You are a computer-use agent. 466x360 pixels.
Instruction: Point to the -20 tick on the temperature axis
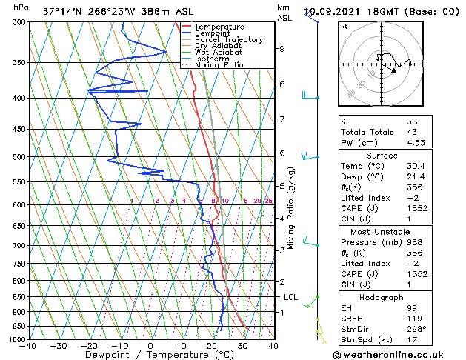tap(89, 346)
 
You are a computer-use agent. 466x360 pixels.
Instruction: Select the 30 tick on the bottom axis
tap(242, 346)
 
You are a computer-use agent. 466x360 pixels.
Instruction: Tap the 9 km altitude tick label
tap(282, 49)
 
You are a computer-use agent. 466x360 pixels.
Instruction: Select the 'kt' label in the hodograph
tap(344, 26)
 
